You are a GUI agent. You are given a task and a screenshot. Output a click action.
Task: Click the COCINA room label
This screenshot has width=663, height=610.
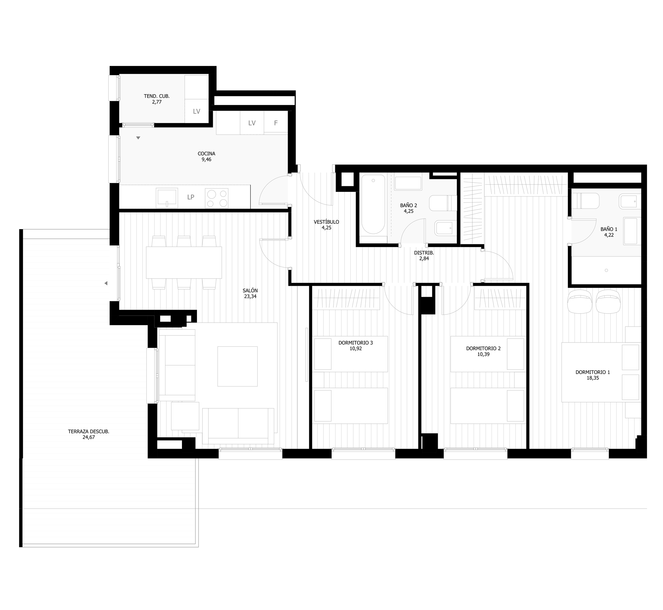207,153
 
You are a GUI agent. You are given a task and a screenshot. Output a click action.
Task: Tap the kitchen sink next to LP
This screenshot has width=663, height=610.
167,198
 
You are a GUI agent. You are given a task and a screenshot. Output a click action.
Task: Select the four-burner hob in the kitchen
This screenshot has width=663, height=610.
217,198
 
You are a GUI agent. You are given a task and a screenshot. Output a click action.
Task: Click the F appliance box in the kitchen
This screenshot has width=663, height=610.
276,123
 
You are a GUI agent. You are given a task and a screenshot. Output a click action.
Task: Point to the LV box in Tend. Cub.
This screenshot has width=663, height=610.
197,111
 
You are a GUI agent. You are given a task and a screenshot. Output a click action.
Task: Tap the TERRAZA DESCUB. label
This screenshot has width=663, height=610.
89,432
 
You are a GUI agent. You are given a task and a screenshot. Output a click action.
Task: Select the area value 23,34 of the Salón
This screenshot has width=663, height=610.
250,296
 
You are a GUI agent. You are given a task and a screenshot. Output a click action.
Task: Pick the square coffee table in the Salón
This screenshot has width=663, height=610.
237,366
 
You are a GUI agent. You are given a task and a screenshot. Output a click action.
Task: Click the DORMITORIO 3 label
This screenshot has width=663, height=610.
356,343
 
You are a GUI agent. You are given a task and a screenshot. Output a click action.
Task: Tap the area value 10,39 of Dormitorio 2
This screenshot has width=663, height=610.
483,354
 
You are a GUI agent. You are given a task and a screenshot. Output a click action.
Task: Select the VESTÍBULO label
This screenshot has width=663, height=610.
327,222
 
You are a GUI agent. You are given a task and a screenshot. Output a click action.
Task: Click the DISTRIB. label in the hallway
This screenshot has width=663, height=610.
424,253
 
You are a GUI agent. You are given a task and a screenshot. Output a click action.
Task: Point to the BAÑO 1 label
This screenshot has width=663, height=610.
609,229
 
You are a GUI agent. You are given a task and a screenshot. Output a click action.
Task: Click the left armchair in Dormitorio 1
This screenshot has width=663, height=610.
579,301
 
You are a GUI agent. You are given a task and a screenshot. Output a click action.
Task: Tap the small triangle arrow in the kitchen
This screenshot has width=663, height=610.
138,138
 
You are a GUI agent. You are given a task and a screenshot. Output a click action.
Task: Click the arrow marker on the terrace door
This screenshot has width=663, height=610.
106,283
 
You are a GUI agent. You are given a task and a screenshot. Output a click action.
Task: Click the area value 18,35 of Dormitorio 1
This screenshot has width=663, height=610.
593,378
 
